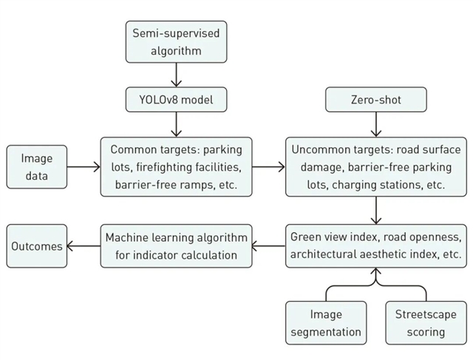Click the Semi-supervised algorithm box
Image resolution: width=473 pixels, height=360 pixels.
(x=176, y=41)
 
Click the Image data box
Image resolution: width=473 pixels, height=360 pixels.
(x=36, y=167)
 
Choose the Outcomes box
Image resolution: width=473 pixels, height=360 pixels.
(x=36, y=246)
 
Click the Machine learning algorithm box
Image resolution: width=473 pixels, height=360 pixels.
(x=176, y=246)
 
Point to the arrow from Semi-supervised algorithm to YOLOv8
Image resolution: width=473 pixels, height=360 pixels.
(x=176, y=75)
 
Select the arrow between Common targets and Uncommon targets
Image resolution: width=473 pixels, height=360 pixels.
(x=268, y=167)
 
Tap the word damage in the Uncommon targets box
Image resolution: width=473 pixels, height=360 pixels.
(x=318, y=167)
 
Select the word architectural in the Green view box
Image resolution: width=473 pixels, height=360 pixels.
(x=323, y=255)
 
